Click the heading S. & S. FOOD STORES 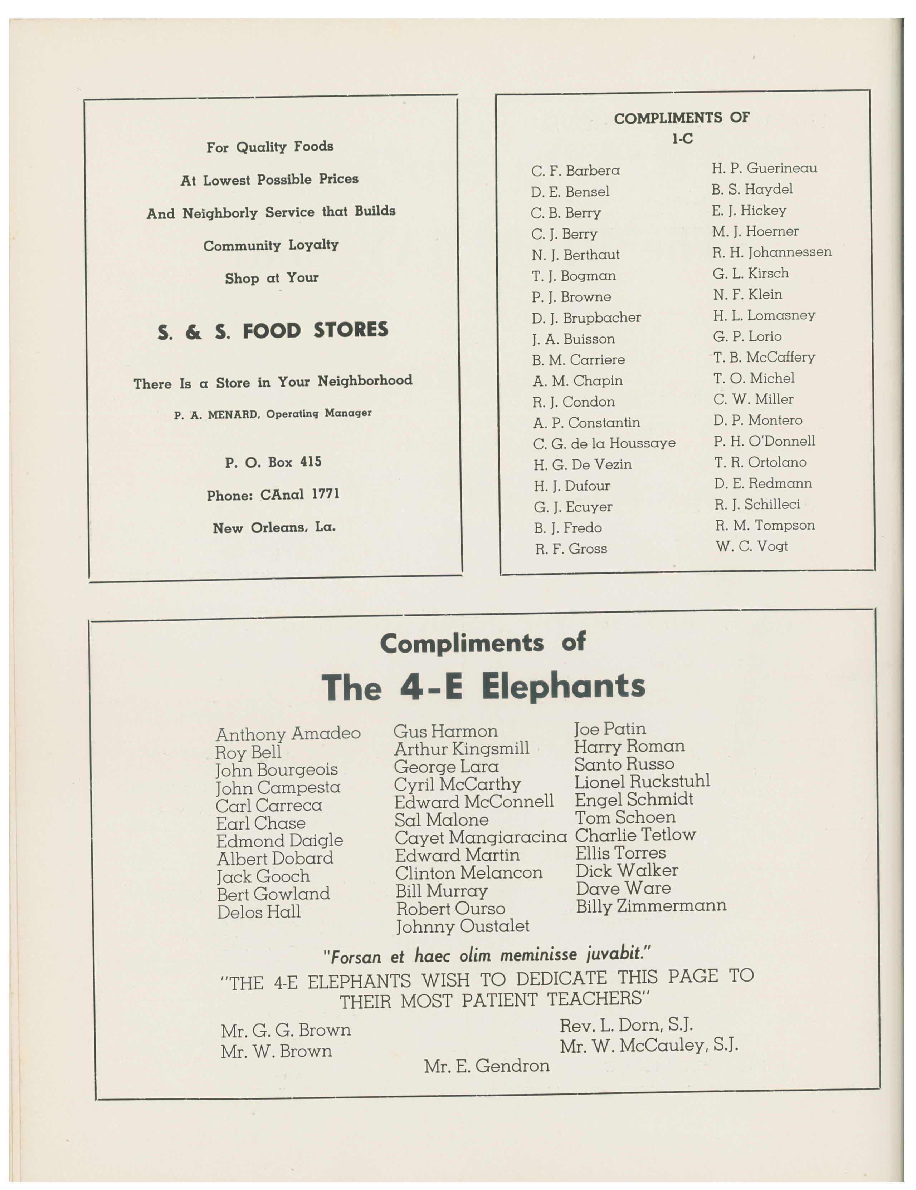click(273, 331)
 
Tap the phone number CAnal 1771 click(299, 494)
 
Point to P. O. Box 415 click(273, 462)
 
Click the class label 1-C click(682, 139)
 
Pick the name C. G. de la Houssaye click(604, 443)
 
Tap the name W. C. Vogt click(751, 546)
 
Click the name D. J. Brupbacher click(586, 318)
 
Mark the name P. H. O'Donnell click(764, 441)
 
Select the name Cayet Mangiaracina click(480, 837)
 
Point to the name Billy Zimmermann click(651, 906)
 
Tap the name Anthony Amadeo click(288, 734)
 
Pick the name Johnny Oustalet click(462, 926)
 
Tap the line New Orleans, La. click(274, 527)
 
